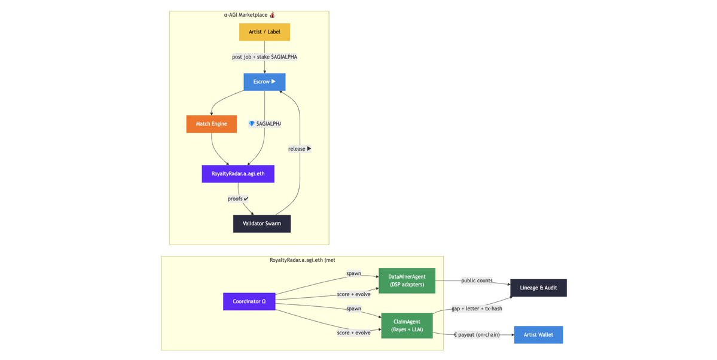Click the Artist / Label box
pos(264,32)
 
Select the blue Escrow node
pos(264,82)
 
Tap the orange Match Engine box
pos(212,124)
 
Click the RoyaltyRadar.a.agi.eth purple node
pos(238,174)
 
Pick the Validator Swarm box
pos(262,224)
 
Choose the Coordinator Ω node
pos(249,301)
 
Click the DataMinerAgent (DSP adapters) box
pos(407,280)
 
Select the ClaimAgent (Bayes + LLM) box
pos(407,326)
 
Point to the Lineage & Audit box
pos(538,288)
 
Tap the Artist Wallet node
pos(538,335)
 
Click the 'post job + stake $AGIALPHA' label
pos(264,57)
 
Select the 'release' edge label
pos(300,149)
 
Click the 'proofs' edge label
pos(238,199)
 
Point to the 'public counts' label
pos(477,280)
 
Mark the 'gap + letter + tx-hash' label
pos(477,309)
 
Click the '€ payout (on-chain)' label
pos(477,335)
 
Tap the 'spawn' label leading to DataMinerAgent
pos(353,273)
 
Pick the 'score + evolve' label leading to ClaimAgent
pos(353,332)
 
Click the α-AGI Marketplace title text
pos(249,15)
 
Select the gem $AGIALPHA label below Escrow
pos(264,124)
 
